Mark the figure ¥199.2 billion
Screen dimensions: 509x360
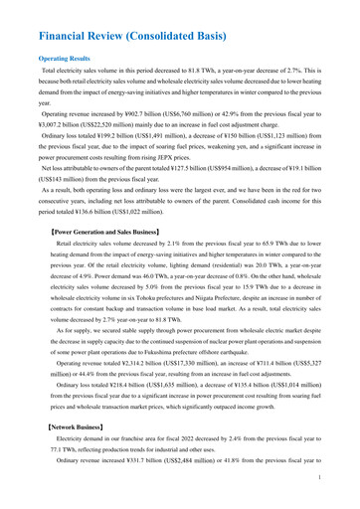coord(111,143)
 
